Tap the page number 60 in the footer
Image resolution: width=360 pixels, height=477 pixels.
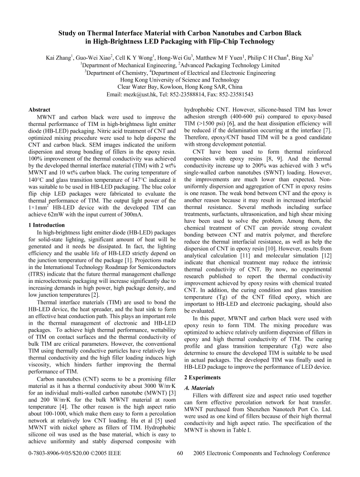(180, 453)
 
